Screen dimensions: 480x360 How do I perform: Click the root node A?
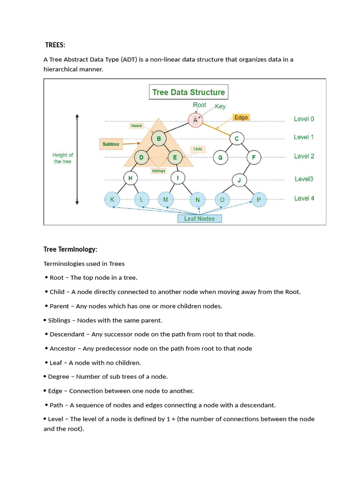(195, 120)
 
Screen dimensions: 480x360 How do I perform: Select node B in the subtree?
(159, 139)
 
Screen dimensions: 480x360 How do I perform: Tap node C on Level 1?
(237, 139)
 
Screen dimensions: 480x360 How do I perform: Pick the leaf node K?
(112, 200)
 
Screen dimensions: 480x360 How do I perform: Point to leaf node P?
(258, 200)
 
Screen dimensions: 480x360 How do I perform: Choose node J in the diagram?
(239, 180)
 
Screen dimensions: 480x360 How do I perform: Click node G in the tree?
(220, 157)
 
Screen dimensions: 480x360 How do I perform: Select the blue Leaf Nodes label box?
(199, 218)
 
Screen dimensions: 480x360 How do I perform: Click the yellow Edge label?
(241, 117)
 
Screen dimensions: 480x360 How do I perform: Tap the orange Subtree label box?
(111, 144)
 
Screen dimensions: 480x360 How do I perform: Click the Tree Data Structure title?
(188, 92)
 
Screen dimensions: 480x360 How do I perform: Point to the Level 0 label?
(304, 119)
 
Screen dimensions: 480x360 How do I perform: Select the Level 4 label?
(304, 198)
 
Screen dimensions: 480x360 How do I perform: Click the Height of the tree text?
(63, 158)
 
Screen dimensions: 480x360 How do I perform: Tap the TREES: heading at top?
(55, 45)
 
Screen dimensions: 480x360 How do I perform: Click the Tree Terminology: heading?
(70, 249)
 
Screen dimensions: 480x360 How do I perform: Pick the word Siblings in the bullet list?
(59, 320)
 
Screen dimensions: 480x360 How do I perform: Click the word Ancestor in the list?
(63, 348)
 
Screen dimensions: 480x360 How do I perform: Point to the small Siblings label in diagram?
(158, 171)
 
